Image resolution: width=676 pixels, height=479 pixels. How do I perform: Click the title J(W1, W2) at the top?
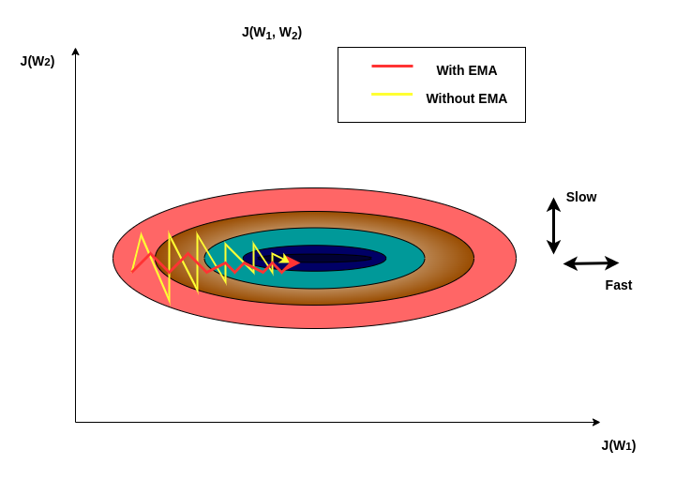(x=272, y=33)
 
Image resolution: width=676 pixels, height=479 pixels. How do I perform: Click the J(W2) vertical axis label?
(x=38, y=61)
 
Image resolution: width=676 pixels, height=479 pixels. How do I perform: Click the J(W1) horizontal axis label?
(x=618, y=445)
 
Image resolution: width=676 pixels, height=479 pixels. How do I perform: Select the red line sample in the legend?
(x=392, y=67)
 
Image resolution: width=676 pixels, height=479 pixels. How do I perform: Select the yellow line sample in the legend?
(x=392, y=95)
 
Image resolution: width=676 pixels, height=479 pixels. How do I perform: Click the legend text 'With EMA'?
(x=466, y=70)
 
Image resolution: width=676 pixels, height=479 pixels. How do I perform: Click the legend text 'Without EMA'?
(x=466, y=98)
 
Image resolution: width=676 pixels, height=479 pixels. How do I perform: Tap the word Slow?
(x=580, y=197)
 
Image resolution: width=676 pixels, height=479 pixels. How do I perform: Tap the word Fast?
(x=618, y=285)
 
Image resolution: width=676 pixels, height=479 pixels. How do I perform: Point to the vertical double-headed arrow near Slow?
(x=553, y=225)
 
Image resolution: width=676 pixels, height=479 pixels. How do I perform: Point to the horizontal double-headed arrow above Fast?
(x=591, y=263)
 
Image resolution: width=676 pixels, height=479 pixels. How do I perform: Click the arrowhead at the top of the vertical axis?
(x=75, y=52)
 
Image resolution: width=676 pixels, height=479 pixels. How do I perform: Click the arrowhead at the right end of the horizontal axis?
(x=596, y=422)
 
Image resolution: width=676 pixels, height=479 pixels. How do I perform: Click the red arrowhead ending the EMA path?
(x=293, y=263)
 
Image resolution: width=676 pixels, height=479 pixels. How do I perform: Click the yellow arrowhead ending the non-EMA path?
(x=284, y=258)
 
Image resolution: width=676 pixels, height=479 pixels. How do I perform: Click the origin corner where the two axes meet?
(x=75, y=422)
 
